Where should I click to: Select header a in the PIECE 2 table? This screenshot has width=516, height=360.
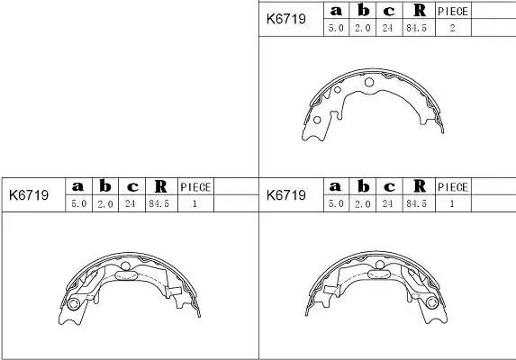[x=336, y=11]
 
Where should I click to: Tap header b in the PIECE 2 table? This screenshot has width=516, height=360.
[x=362, y=11]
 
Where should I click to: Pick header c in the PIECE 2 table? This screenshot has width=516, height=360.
[x=389, y=11]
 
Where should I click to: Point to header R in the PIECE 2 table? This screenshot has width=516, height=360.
[x=418, y=11]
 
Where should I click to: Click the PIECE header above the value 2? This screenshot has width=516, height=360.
[x=452, y=11]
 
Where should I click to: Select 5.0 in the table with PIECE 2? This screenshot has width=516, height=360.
[x=336, y=28]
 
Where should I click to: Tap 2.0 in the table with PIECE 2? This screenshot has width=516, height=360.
[x=362, y=28]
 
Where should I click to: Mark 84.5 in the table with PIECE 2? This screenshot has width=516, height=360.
[x=417, y=28]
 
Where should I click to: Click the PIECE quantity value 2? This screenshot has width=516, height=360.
[x=452, y=28]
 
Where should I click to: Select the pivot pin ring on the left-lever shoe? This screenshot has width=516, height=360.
[x=74, y=303]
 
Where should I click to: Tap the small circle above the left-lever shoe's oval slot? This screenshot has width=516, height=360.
[x=127, y=265]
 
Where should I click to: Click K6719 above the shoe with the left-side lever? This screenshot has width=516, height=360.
[x=28, y=193]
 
